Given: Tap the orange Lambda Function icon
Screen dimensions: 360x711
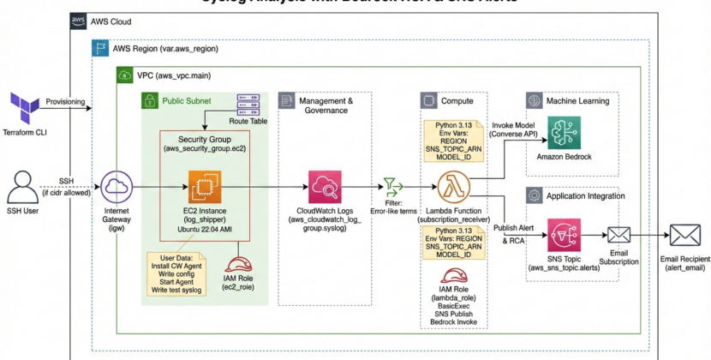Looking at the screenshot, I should (x=450, y=186).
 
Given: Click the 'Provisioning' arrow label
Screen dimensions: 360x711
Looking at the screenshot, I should (x=66, y=102).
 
